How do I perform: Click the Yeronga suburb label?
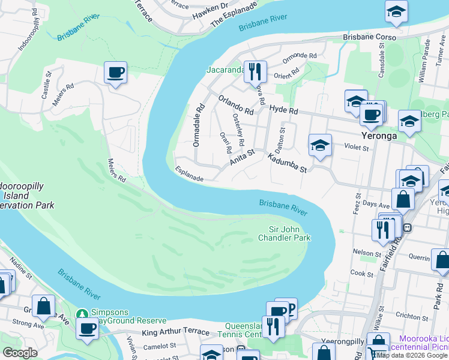pyautogui.click(x=379, y=136)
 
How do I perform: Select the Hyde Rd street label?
pyautogui.click(x=283, y=110)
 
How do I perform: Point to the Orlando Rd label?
pyautogui.click(x=235, y=105)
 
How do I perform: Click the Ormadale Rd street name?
pyautogui.click(x=196, y=125)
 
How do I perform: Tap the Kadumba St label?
pyautogui.click(x=287, y=162)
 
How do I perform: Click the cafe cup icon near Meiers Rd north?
pyautogui.click(x=115, y=73)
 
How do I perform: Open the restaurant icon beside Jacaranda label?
pyautogui.click(x=257, y=71)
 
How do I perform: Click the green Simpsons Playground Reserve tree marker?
pyautogui.click(x=82, y=313)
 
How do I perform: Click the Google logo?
pyautogui.click(x=20, y=353)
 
